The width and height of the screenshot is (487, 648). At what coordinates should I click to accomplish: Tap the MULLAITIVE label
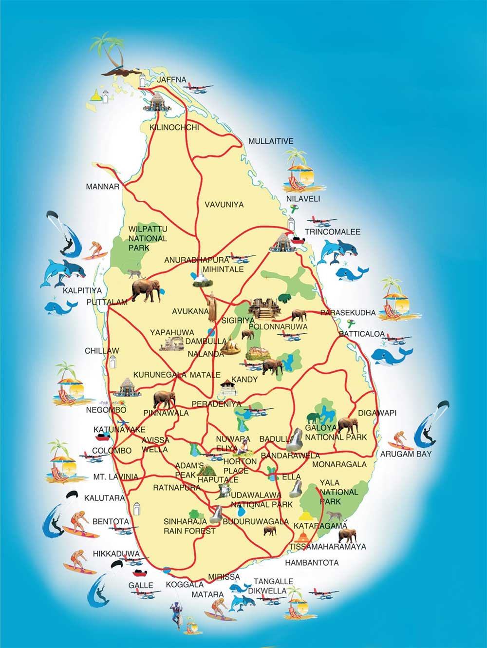(271, 141)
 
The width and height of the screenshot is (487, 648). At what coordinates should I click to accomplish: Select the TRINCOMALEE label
(333, 231)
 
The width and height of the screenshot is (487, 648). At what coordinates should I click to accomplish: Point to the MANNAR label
(102, 187)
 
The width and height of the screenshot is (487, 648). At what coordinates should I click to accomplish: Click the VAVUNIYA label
(224, 205)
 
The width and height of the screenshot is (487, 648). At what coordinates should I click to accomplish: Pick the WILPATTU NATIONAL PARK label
(148, 238)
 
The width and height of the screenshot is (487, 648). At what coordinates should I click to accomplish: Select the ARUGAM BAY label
(406, 454)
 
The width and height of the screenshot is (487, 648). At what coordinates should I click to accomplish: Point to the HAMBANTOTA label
(312, 562)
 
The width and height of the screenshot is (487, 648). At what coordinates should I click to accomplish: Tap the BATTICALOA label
(362, 335)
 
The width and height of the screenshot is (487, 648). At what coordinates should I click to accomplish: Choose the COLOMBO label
(112, 450)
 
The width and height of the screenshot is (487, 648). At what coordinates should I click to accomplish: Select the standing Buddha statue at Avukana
(212, 307)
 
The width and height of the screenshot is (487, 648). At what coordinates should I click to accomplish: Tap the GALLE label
(141, 585)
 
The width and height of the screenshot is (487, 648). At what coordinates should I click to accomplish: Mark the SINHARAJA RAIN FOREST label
(189, 526)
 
